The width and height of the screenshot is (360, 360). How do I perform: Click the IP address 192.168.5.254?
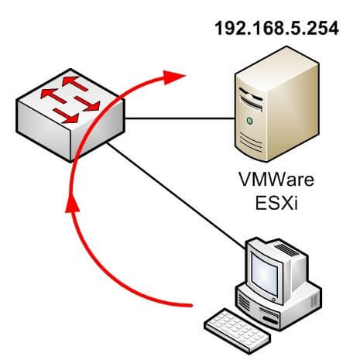[x=276, y=28]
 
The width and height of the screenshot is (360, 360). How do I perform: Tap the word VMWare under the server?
[x=276, y=179]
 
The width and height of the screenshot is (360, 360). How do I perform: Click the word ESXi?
[x=276, y=203]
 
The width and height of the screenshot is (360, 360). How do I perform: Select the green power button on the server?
[x=249, y=121]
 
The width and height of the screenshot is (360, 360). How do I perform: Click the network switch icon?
[x=70, y=115]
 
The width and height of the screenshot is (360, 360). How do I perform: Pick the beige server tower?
[x=276, y=104]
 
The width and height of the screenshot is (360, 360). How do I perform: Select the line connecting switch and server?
[x=180, y=118]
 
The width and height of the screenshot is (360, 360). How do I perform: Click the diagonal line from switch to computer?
[x=176, y=196]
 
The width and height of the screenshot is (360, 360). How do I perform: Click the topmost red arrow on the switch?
[x=75, y=83]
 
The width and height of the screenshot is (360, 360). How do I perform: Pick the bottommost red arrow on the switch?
[x=66, y=116]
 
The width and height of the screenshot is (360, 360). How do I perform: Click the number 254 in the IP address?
[x=324, y=28]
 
